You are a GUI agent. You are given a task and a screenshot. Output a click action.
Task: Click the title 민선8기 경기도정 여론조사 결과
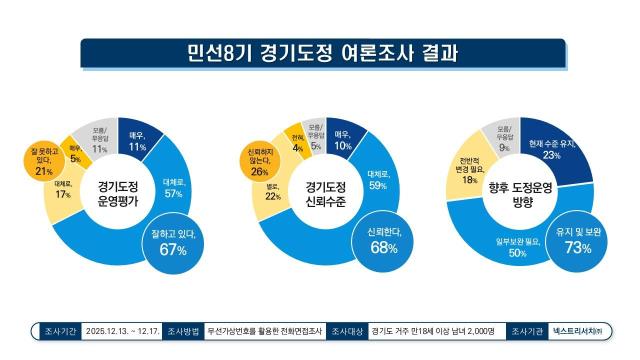tap(320, 50)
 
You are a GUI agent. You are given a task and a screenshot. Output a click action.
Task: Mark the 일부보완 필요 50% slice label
tap(511, 248)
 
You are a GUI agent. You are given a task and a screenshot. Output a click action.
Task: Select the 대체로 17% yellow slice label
tap(61, 192)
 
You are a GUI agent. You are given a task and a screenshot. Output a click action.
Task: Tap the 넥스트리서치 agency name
tap(582, 330)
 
